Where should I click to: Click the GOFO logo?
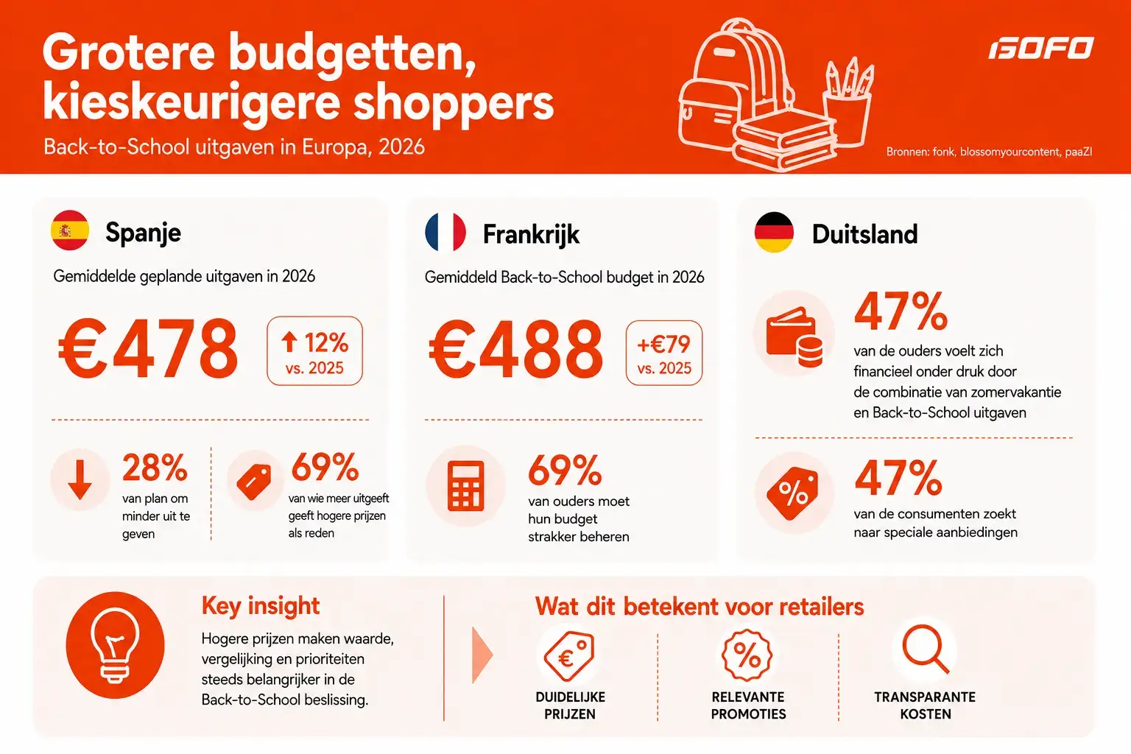pyautogui.click(x=1040, y=47)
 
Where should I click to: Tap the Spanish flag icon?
pyautogui.click(x=70, y=230)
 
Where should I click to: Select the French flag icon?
pyautogui.click(x=445, y=232)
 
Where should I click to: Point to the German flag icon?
pyautogui.click(x=774, y=232)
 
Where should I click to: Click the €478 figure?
pyautogui.click(x=148, y=348)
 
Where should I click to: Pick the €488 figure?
pyautogui.click(x=516, y=350)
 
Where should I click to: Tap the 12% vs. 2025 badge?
pyautogui.click(x=314, y=351)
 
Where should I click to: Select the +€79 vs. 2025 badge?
pyautogui.click(x=664, y=353)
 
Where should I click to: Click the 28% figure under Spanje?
pyautogui.click(x=155, y=468)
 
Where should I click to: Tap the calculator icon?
pyautogui.click(x=465, y=486)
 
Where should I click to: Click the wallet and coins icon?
pyautogui.click(x=794, y=337)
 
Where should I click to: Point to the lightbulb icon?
pyautogui.click(x=115, y=646)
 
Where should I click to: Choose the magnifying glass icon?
pyautogui.click(x=926, y=649)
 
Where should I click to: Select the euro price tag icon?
pyautogui.click(x=569, y=656)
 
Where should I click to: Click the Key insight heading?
pyautogui.click(x=261, y=605)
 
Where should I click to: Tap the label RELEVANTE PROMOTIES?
pyautogui.click(x=748, y=705)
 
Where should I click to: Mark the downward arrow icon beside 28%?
pyautogui.click(x=80, y=479)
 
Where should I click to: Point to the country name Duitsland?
pyautogui.click(x=864, y=234)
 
